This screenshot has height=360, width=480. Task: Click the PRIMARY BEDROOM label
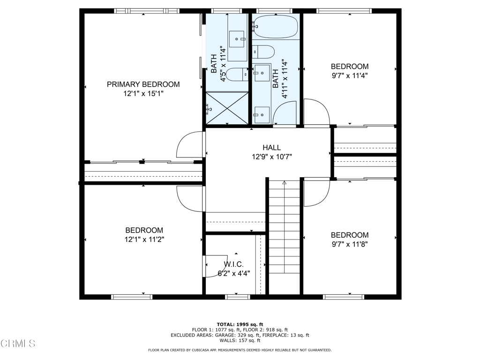[143, 84]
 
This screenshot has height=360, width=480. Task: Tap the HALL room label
[271, 148]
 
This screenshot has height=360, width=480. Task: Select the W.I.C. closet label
[233, 264]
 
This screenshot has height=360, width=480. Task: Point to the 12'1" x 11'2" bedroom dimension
[144, 239]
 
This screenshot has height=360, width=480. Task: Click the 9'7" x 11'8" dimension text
[350, 244]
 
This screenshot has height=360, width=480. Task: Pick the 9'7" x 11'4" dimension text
[350, 75]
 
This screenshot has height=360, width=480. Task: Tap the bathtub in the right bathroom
[275, 27]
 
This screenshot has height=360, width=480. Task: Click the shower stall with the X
[227, 108]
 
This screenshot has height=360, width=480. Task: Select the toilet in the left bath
[238, 75]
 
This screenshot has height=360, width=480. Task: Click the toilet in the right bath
[263, 52]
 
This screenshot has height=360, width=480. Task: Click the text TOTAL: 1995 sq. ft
[240, 324]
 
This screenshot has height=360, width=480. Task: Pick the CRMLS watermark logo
[18, 343]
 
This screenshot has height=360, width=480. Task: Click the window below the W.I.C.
[238, 297]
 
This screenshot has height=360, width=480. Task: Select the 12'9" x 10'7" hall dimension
[272, 157]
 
